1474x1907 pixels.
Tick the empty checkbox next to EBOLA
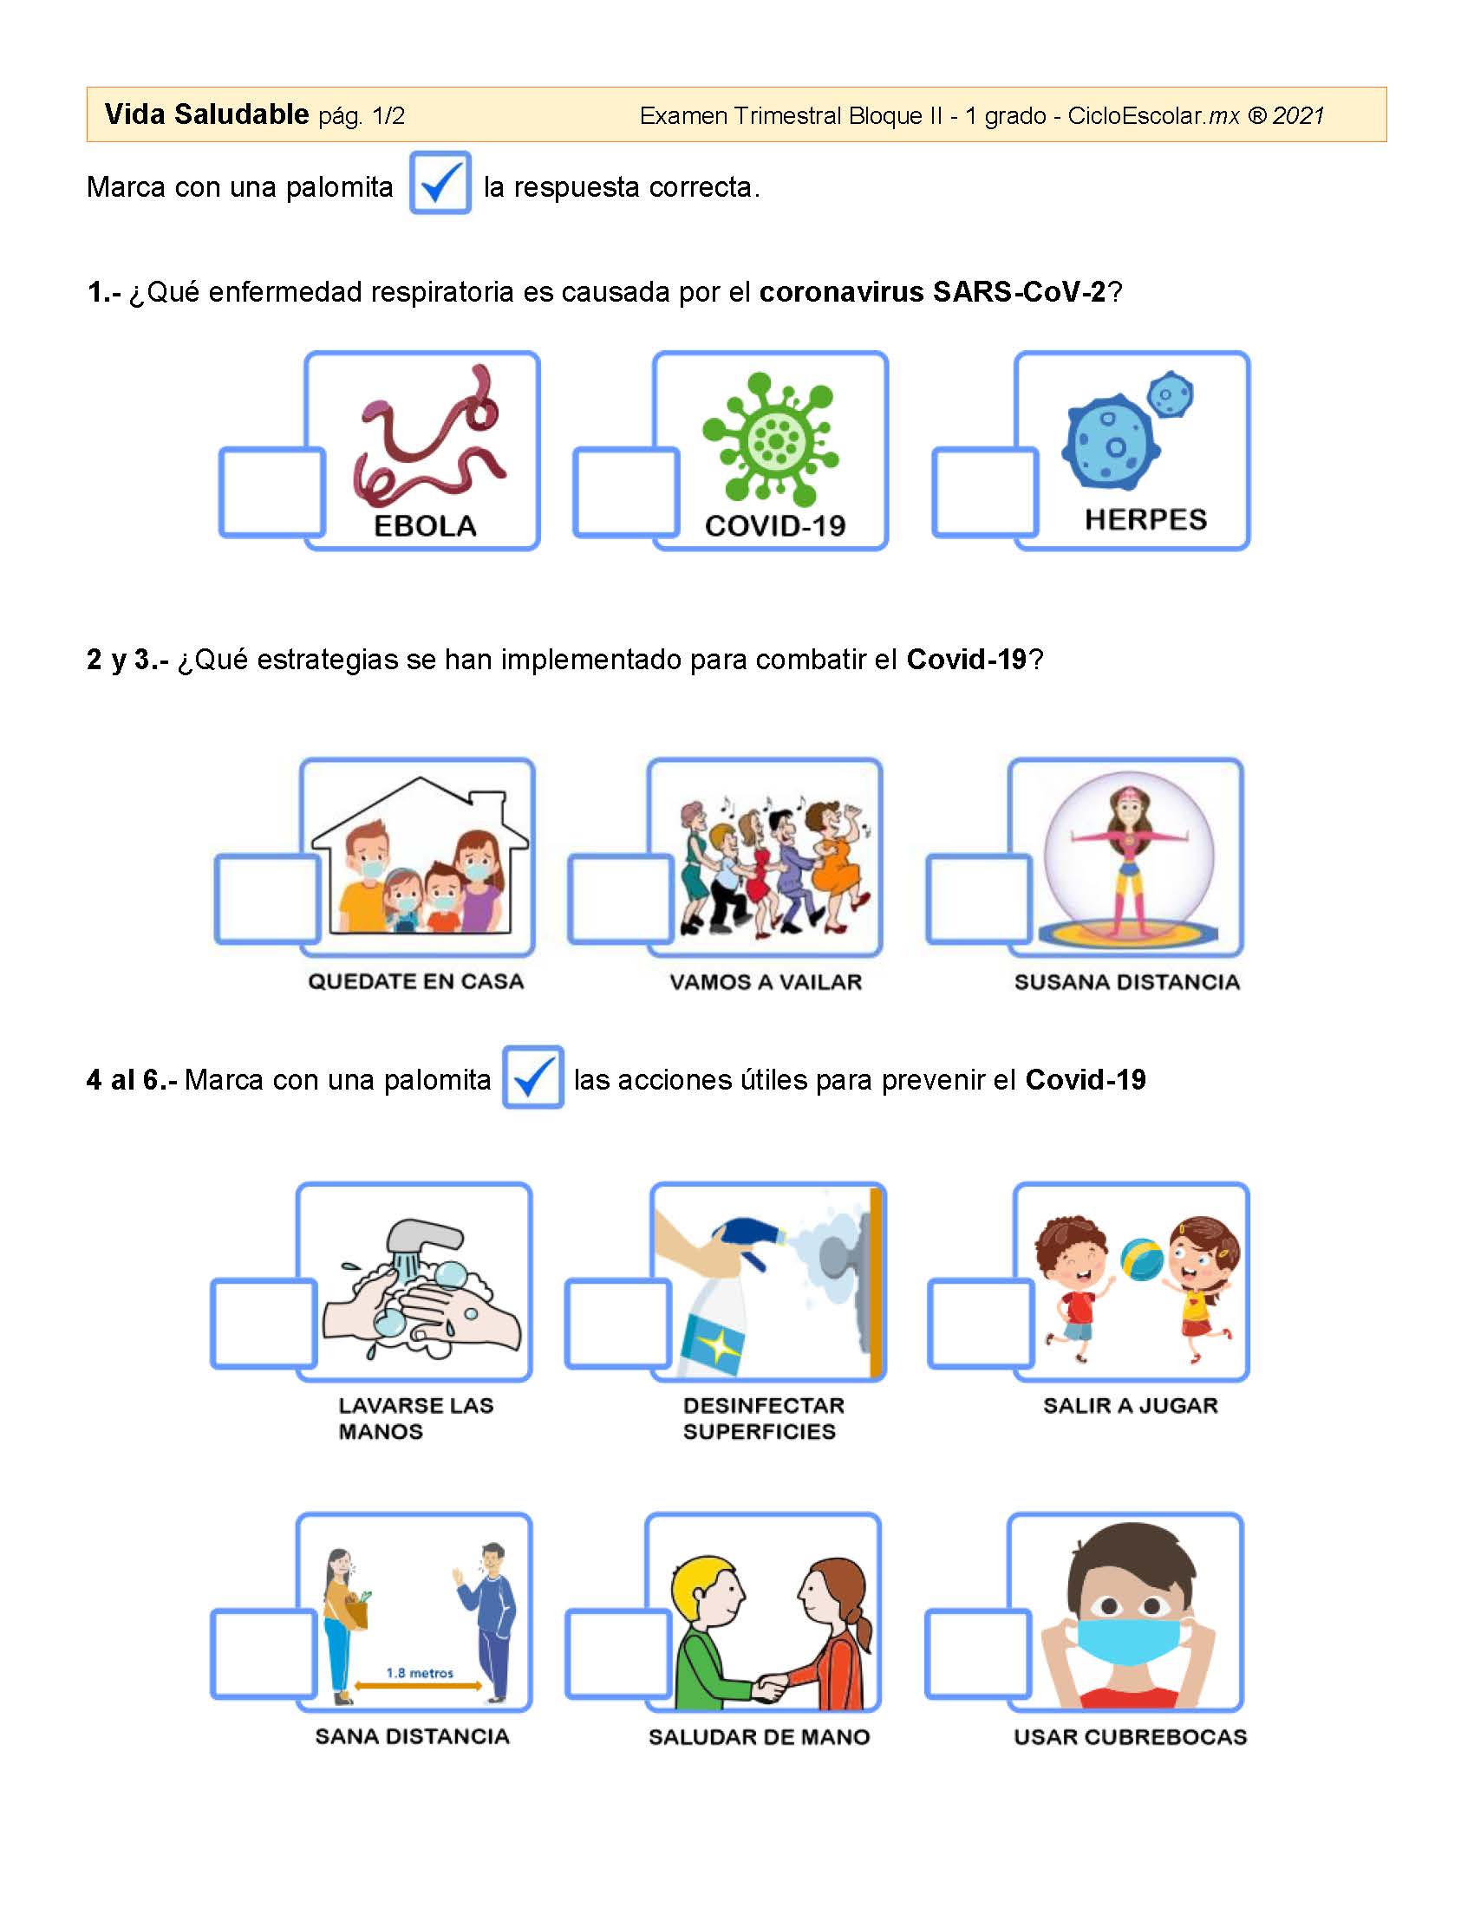click(x=271, y=492)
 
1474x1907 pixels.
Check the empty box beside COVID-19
click(x=626, y=492)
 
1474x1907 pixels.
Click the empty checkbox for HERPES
click(x=986, y=492)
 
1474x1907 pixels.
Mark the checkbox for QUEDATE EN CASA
click(x=268, y=900)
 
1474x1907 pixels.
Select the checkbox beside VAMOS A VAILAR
click(x=621, y=900)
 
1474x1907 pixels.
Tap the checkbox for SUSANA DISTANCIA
click(x=980, y=900)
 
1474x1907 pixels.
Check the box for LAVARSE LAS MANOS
click(x=264, y=1324)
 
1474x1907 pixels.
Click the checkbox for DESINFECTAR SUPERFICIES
click(x=618, y=1324)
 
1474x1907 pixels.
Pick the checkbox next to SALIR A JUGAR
click(x=982, y=1324)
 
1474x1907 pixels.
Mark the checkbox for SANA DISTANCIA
click(x=264, y=1654)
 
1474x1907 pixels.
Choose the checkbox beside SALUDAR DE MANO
click(x=618, y=1654)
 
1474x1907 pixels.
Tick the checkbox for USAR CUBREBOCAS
click(x=979, y=1654)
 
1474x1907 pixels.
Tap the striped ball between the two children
click(x=1141, y=1262)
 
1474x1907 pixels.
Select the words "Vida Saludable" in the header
click(x=206, y=114)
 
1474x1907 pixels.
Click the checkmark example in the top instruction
click(x=441, y=183)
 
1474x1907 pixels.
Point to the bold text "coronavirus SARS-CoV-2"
click(x=933, y=291)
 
